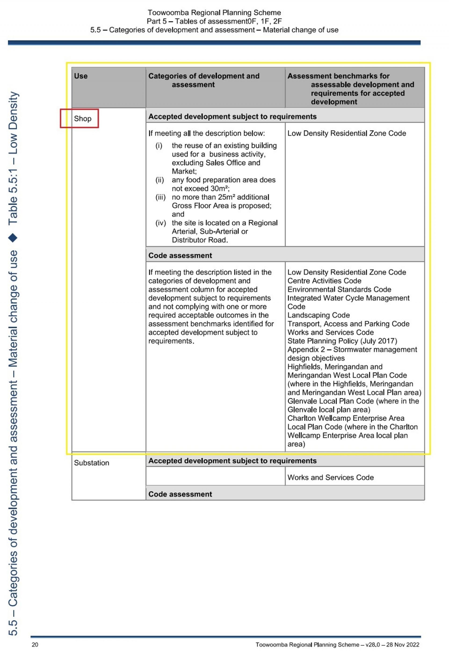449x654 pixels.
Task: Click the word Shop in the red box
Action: click(x=83, y=119)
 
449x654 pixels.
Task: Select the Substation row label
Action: click(x=91, y=463)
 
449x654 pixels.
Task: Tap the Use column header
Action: click(x=81, y=76)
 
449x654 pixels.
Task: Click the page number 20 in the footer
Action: click(x=35, y=644)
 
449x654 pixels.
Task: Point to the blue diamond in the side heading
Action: click(x=13, y=238)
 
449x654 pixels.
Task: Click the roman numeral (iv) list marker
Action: click(x=161, y=223)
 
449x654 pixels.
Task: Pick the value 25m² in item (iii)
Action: click(x=227, y=197)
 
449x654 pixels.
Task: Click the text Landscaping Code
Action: click(x=318, y=315)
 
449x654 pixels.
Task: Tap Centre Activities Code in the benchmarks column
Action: click(x=324, y=281)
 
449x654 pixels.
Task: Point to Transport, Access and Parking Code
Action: click(x=348, y=324)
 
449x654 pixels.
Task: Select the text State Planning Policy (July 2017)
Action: click(x=342, y=341)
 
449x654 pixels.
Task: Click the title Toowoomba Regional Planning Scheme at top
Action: click(x=214, y=13)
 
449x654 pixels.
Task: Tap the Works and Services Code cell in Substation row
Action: click(x=330, y=477)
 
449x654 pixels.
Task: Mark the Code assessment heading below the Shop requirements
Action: click(x=180, y=256)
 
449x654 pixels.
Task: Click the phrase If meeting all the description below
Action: click(x=207, y=133)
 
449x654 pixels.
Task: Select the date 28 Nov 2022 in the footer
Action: click(x=403, y=645)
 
